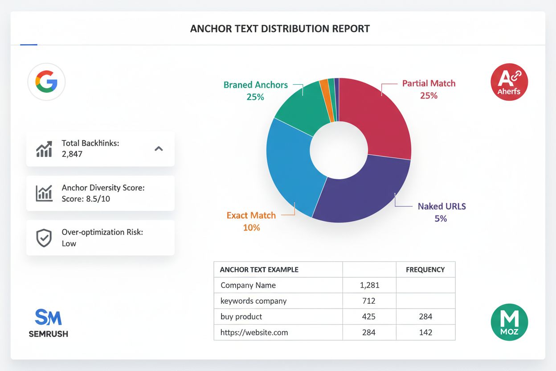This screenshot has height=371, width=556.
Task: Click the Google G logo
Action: click(x=46, y=82)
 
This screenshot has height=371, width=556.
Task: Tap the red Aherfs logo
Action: click(x=509, y=82)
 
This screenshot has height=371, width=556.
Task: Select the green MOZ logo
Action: click(x=509, y=322)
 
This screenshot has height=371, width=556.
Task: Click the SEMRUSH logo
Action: click(x=48, y=323)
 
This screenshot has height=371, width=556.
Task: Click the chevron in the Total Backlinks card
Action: click(x=159, y=149)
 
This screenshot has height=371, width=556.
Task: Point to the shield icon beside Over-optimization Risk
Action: click(x=44, y=238)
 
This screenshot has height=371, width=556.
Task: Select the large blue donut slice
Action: click(x=290, y=165)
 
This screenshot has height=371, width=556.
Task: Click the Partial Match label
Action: click(x=429, y=83)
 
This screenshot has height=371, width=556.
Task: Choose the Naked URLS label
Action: click(x=442, y=206)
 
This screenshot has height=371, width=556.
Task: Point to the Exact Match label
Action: click(x=251, y=215)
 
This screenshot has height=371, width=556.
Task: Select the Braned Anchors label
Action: click(x=256, y=85)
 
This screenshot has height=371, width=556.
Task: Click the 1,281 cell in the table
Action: click(x=369, y=285)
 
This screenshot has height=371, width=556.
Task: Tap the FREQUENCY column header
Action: click(x=425, y=270)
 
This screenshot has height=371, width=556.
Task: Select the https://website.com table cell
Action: click(x=254, y=332)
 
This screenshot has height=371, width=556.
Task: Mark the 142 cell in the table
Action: click(x=425, y=332)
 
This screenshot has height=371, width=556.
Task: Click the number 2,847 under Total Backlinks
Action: click(x=72, y=154)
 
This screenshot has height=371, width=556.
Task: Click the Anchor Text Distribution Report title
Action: click(x=280, y=29)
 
